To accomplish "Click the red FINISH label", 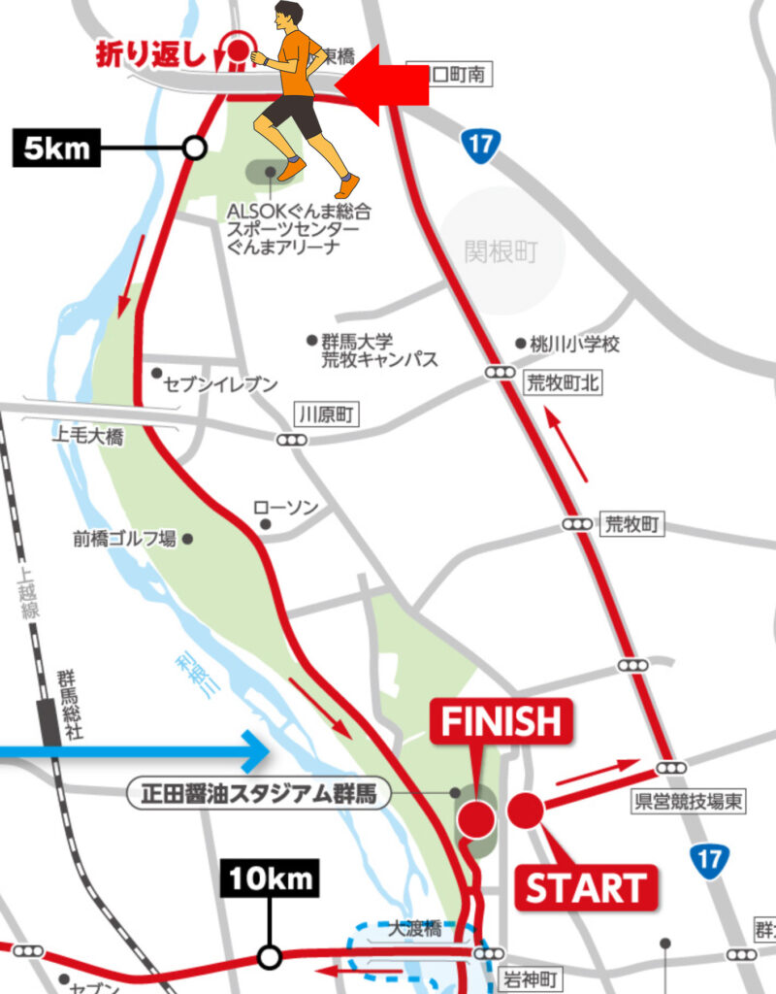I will point(501,722).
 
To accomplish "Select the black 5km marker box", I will point(56,149).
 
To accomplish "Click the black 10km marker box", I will point(271,880).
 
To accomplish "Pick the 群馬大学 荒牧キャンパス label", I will point(379,350).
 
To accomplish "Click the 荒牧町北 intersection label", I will point(562,383).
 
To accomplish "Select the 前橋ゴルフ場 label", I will point(124,538).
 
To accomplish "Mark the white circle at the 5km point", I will point(195,148).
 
